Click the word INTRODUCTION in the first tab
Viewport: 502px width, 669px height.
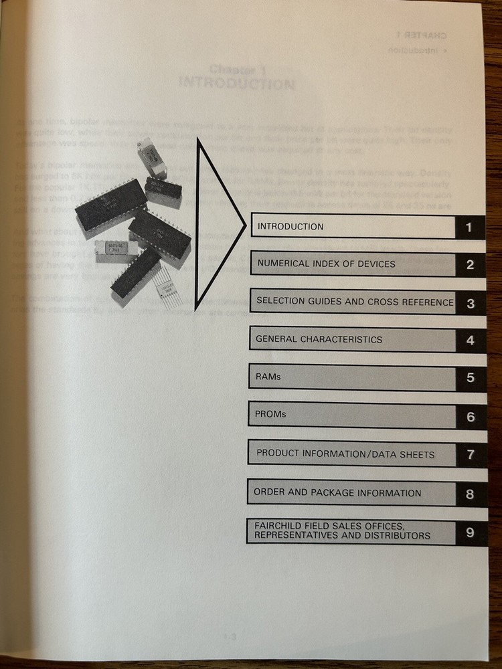[290, 227]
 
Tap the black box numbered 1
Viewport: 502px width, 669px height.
[470, 227]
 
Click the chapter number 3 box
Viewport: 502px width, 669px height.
[471, 303]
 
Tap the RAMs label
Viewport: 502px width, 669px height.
[268, 377]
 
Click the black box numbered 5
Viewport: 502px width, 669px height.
[471, 378]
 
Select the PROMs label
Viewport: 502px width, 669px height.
[270, 415]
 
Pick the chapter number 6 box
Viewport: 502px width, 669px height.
[471, 417]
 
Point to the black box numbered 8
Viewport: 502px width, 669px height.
[470, 494]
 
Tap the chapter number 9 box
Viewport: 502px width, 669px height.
[470, 533]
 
